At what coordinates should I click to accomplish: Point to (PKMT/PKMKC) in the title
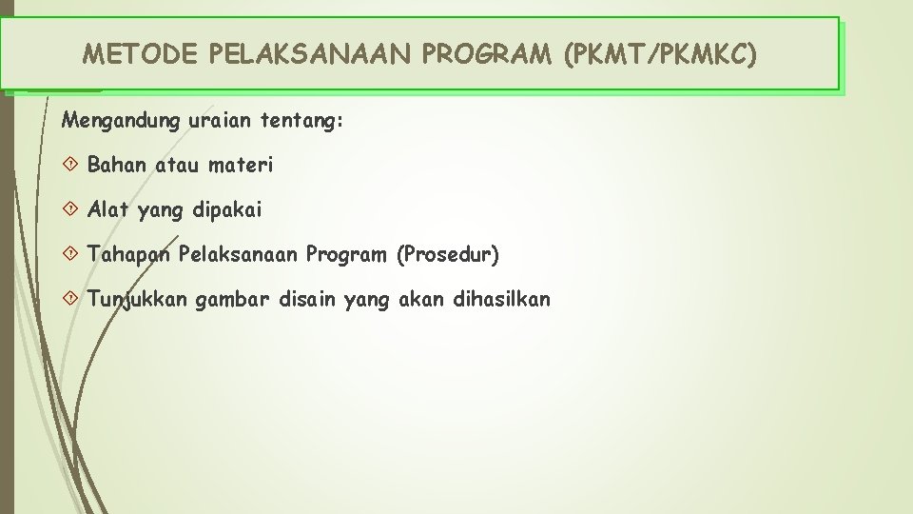click(x=661, y=54)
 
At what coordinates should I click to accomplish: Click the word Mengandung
click(x=107, y=122)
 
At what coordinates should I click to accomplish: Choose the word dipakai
click(x=227, y=209)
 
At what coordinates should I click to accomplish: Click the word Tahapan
click(x=128, y=254)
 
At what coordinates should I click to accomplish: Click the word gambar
click(x=233, y=300)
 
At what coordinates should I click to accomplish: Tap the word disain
click(x=308, y=300)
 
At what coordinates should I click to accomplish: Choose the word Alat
click(x=107, y=209)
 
